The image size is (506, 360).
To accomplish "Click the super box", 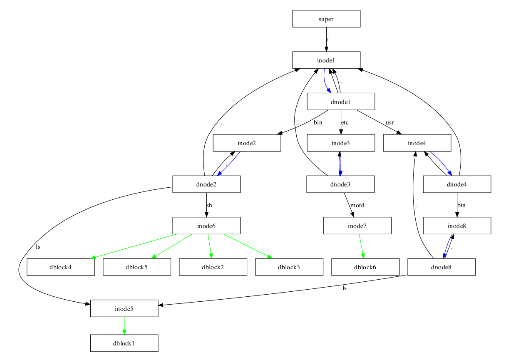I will (x=326, y=19).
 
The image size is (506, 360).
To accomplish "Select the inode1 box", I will (x=326, y=60).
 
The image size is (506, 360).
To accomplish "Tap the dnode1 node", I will (x=341, y=102).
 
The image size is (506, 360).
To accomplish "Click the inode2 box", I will (x=247, y=143).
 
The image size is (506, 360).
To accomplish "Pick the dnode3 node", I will (x=340, y=184).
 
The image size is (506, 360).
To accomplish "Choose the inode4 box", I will (x=417, y=143).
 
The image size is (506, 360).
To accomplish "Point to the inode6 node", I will (x=206, y=226).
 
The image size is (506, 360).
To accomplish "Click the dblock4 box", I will (x=61, y=267).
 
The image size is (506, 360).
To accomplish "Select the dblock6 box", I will (x=365, y=267).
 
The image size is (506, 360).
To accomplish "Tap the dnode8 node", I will (x=441, y=267).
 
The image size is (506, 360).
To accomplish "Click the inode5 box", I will (x=124, y=308).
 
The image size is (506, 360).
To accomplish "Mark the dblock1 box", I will (x=124, y=343).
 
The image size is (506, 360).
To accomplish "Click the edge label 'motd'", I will (x=357, y=205).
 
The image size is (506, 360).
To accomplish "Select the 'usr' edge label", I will (x=389, y=122).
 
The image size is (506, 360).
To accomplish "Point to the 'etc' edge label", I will (x=345, y=122).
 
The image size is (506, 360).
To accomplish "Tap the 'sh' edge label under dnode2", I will (x=209, y=205).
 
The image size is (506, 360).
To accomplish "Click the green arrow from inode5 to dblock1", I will (x=124, y=325).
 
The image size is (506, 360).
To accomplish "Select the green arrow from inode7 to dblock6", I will (x=362, y=246).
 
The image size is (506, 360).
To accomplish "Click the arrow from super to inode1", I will (x=326, y=40).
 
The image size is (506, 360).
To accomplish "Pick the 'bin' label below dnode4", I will (x=461, y=205).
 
